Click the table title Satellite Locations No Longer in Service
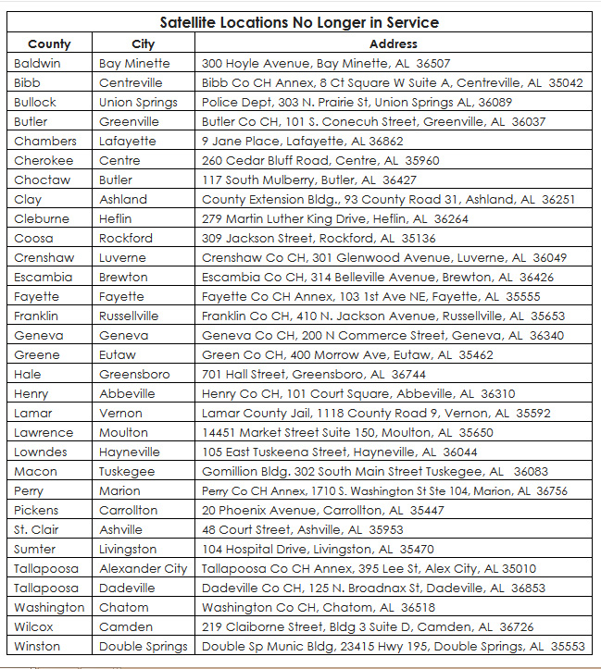299,22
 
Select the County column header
49,43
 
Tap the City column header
144,43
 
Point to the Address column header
393,43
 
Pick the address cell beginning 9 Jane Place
302,141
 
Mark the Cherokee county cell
43,160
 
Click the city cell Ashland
123,199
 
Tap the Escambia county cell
43,277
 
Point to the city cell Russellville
129,316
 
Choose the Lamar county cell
33,413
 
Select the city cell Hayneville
130,452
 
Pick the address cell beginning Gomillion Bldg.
374,471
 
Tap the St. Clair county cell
36,529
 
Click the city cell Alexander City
143,568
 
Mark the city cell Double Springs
144,646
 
